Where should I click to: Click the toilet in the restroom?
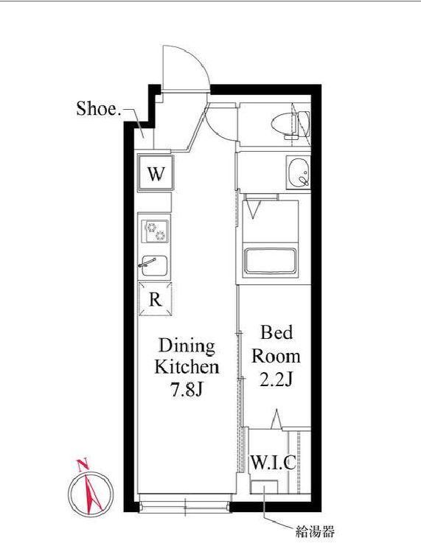pos(290,125)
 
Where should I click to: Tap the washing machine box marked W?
pos(156,174)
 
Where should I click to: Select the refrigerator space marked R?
pos(155,299)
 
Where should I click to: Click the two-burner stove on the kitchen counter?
pos(155,231)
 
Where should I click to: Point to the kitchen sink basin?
pos(154,266)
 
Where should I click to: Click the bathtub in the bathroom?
pos(270,262)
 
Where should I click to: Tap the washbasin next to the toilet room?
pos(299,173)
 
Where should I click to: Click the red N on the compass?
pos(83,464)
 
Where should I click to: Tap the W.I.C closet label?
pos(274,463)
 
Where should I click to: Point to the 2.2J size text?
pos(276,380)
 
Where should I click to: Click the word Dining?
pos(187,346)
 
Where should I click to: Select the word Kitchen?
pos(187,367)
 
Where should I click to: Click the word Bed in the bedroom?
pos(276,332)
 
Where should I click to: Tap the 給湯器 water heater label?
pos(315,531)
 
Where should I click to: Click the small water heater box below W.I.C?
pos(265,487)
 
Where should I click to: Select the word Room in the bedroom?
pos(276,356)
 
